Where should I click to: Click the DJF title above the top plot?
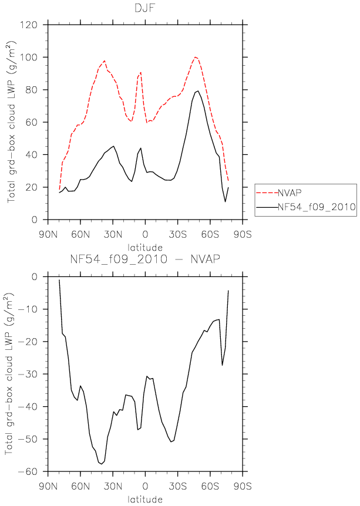pos(145,8)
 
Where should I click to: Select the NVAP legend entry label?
pos(290,193)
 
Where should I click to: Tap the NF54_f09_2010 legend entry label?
pos(317,207)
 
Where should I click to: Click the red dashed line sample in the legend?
pos(267,193)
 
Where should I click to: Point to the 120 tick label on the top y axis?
pos(29,25)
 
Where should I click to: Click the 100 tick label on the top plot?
pos(29,58)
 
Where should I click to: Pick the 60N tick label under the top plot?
pos(80,234)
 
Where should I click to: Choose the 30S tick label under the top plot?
pos(177,234)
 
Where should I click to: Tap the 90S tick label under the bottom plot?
pos(243,485)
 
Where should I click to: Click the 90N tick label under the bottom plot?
pos(48,485)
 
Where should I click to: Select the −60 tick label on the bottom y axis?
pos(28,471)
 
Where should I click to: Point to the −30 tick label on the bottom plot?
pos(28,374)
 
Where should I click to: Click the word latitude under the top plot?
pos(145,248)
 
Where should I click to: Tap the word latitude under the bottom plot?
pos(145,499)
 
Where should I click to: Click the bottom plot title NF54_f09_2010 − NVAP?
pos(145,259)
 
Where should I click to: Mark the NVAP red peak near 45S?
pos(196,57)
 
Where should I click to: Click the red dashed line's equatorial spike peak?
pos(141,72)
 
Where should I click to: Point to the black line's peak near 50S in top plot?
pos(198,91)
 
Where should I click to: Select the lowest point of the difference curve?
pos(102,464)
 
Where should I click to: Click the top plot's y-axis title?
pos(11,122)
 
